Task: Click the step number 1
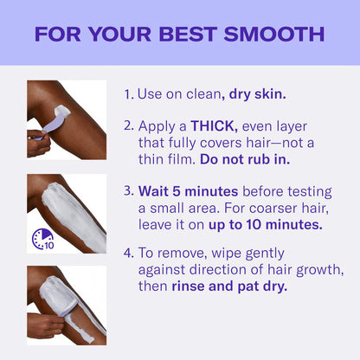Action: pyautogui.click(x=128, y=93)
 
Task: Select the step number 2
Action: pyautogui.click(x=128, y=125)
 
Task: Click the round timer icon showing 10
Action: pyautogui.click(x=43, y=239)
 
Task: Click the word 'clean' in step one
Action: pyautogui.click(x=201, y=93)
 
